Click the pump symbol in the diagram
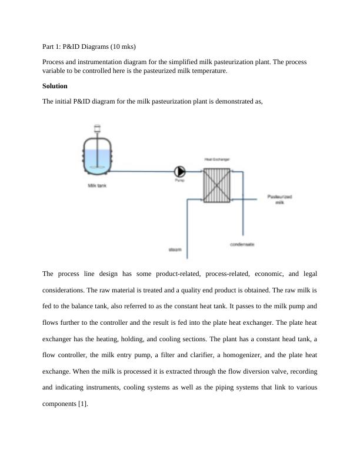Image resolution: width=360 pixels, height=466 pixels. pos(179,171)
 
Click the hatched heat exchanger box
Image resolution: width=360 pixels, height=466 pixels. pos(216,184)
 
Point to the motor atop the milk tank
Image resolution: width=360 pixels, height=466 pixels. pos(96,128)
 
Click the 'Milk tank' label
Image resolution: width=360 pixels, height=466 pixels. pos(97,186)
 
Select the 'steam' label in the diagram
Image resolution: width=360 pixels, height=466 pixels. pos(175,250)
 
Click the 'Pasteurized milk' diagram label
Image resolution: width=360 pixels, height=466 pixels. pos(279,199)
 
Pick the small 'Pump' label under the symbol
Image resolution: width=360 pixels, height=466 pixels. pos(179,181)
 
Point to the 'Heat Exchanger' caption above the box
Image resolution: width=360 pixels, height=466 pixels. pos(216,159)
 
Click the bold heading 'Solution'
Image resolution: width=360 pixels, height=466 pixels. pos(55,86)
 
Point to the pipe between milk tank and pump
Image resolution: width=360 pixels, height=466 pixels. pos(141,171)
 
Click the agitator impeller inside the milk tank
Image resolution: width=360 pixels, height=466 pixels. pos(96,167)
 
